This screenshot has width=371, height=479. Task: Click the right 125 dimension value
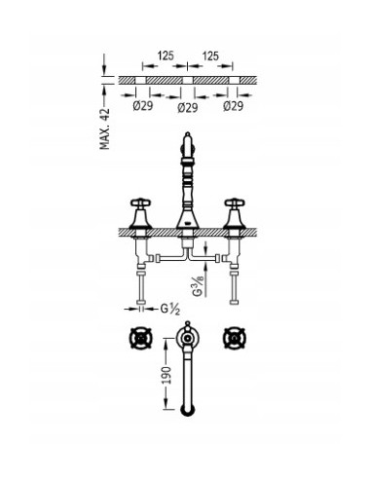tap(208, 57)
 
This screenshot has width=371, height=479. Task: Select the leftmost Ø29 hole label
tap(137, 105)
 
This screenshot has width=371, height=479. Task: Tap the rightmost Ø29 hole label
tap(234, 105)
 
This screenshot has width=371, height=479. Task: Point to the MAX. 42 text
tap(106, 126)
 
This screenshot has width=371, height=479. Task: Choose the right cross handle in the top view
tap(235, 341)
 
